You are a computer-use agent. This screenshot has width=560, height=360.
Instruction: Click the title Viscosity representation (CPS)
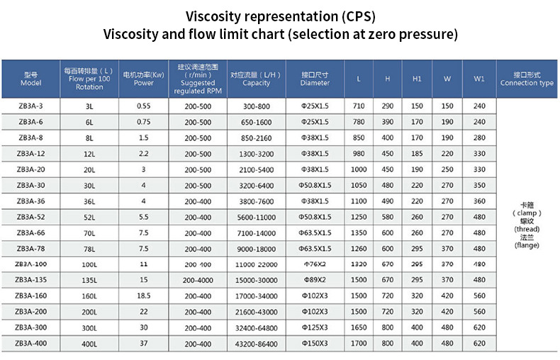(280, 15)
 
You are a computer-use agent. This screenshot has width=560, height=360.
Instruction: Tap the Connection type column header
(527, 79)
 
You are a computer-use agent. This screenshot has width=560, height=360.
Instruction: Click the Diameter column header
(315, 79)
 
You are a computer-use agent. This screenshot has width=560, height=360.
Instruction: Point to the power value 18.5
(144, 296)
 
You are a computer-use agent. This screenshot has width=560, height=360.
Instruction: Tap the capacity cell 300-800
(256, 106)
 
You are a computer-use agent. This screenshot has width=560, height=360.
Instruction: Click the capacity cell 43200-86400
(256, 343)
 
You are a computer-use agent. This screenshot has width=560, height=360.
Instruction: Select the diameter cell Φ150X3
(315, 343)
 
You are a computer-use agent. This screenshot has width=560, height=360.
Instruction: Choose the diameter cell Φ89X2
(315, 280)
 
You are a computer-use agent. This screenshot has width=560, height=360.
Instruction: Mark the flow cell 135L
(89, 280)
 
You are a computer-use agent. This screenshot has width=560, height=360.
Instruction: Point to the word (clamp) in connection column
(527, 213)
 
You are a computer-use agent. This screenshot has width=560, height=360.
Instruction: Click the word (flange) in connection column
(527, 245)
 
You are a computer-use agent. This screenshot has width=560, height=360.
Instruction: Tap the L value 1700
(359, 343)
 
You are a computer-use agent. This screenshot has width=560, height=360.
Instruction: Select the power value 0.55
(144, 106)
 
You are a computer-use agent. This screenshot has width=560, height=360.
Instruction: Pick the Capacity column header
(256, 79)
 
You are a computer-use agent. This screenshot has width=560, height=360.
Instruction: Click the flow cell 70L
(89, 232)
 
